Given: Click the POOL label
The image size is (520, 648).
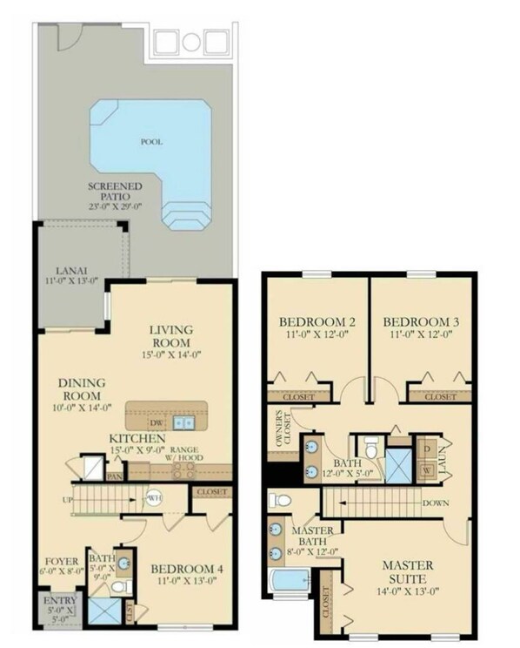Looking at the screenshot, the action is [x=152, y=142].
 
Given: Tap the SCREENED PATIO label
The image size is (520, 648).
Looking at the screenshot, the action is [x=115, y=192].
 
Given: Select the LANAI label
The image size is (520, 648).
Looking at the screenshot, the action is [x=71, y=271].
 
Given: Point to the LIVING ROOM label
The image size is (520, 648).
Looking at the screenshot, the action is [x=171, y=336].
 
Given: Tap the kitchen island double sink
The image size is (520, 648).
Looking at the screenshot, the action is [x=183, y=422].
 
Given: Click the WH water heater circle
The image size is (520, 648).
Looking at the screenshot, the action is [x=154, y=497].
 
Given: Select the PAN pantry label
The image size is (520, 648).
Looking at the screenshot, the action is [x=114, y=476].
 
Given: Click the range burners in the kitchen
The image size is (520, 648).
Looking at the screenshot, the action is [x=183, y=469].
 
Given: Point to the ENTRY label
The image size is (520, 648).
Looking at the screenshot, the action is [x=60, y=600].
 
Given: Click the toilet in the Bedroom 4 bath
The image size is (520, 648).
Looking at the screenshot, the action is [x=122, y=587].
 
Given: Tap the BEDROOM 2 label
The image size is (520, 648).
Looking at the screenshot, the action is [x=317, y=321].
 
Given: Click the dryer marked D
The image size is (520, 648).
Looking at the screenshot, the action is [x=427, y=449].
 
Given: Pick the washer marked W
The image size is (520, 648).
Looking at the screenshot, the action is [x=427, y=470].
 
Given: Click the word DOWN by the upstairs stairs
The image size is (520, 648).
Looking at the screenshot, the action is [x=436, y=503].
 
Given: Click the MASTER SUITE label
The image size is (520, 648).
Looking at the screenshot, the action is [x=408, y=571].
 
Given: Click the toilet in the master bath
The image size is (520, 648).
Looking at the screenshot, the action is [x=280, y=501].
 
